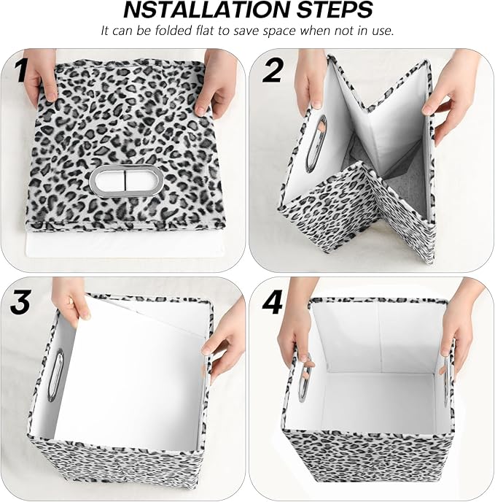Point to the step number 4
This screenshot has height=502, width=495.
pos(273,302)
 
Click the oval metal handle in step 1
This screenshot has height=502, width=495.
pos(122,178)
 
